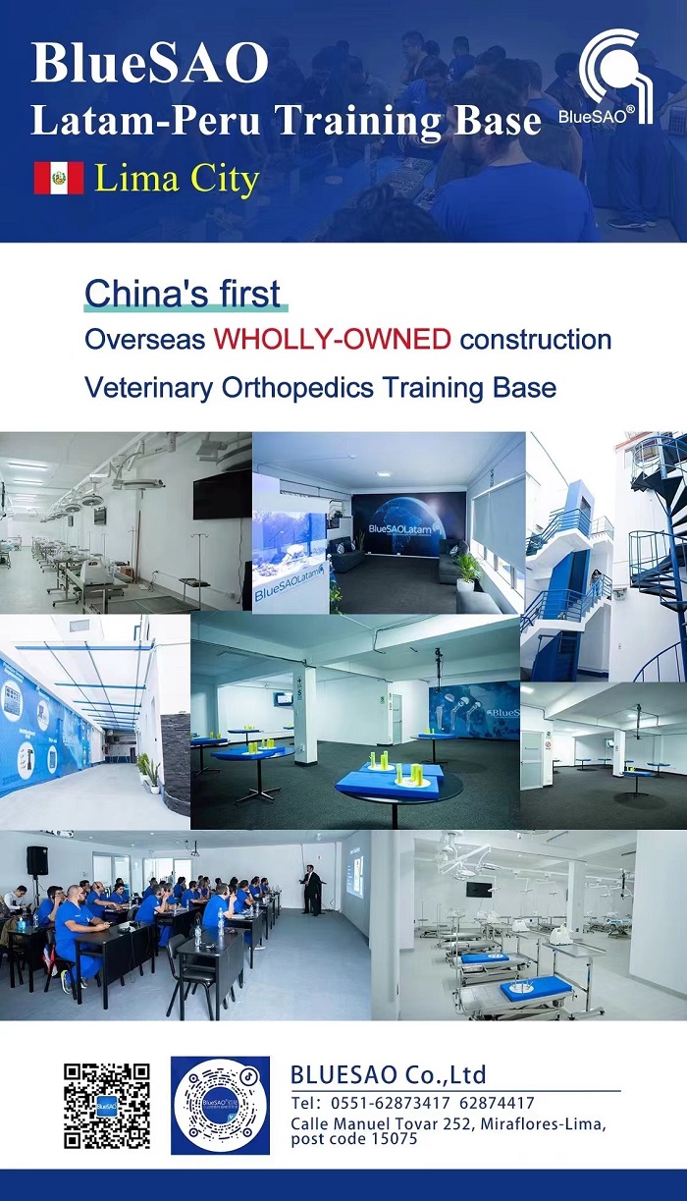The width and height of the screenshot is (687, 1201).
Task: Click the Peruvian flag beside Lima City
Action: click(x=59, y=178)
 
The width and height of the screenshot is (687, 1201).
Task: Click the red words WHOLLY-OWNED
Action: click(x=333, y=339)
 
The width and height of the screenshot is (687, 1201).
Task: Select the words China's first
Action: click(x=183, y=294)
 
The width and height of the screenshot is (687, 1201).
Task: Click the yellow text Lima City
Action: click(x=177, y=179)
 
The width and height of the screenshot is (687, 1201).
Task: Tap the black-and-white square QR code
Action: click(x=107, y=1106)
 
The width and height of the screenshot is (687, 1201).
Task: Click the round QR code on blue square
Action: click(x=220, y=1106)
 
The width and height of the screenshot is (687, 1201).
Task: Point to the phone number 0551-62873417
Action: click(x=391, y=1104)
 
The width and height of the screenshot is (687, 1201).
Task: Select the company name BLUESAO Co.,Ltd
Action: click(x=388, y=1074)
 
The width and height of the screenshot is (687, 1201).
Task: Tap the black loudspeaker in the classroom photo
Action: click(x=37, y=860)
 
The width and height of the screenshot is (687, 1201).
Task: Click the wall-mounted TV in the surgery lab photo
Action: click(x=223, y=497)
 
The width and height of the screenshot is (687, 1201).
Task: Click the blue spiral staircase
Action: click(x=659, y=558)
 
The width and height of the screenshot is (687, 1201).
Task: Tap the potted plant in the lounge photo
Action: click(x=468, y=570)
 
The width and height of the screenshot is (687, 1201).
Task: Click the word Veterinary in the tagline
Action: click(x=148, y=388)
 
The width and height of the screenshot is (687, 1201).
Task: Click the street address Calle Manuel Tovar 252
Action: click(x=382, y=1123)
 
